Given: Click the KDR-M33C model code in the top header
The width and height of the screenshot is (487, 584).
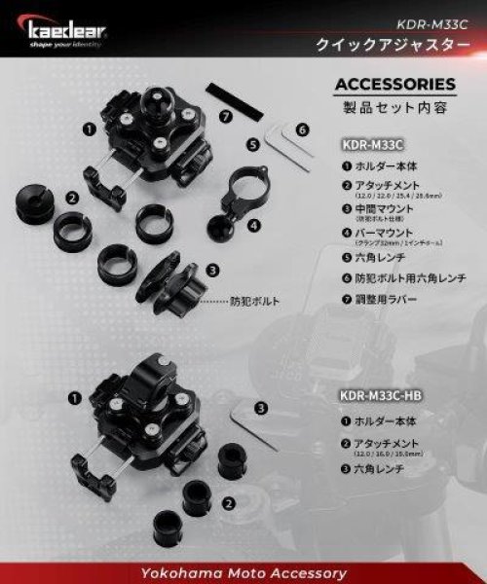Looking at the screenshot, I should point(434,22).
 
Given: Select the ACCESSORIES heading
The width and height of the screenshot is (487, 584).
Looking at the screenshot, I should point(394,84).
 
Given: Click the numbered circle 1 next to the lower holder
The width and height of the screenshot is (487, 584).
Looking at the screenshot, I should point(74,397).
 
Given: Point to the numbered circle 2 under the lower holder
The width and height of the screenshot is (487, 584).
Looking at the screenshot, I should point(228,503).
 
